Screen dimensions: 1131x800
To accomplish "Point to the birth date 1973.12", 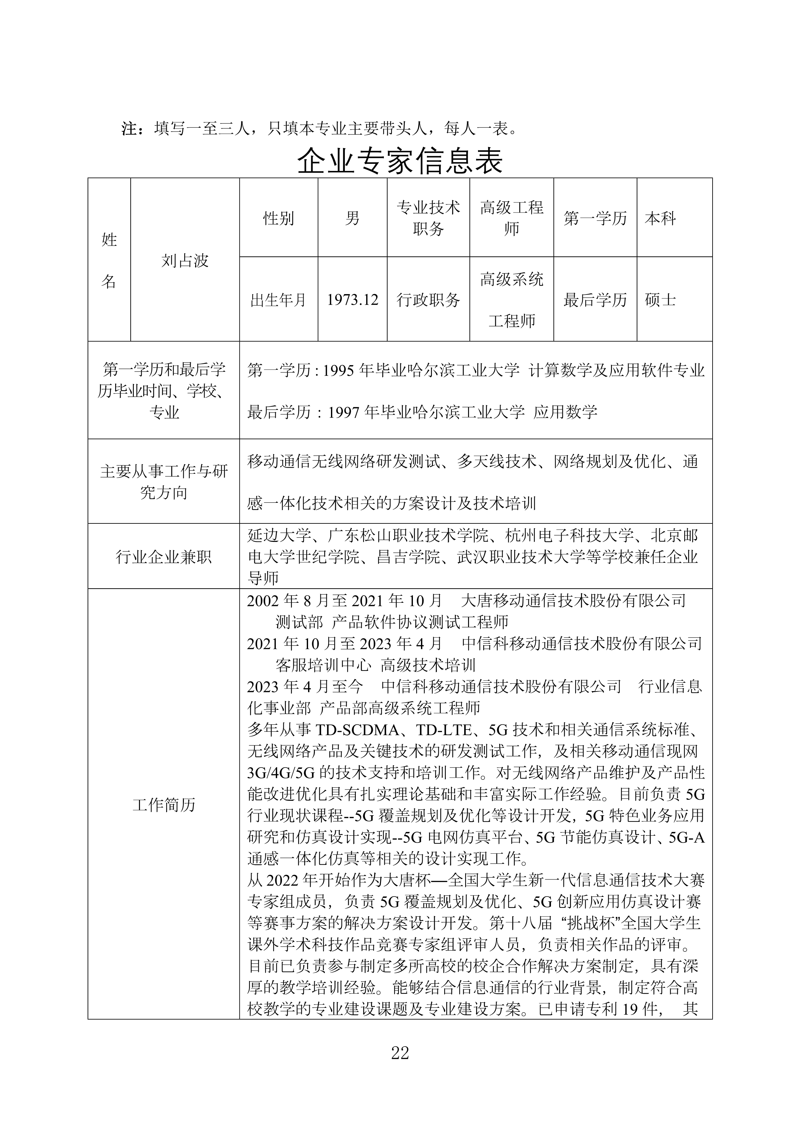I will click(352, 300).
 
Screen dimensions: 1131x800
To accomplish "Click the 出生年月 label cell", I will click(278, 300).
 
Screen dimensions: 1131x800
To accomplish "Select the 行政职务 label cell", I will click(428, 300).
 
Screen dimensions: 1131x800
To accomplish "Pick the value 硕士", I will click(660, 300).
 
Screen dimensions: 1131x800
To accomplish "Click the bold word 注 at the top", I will click(129, 129).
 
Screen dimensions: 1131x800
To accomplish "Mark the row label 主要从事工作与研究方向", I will click(164, 482).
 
